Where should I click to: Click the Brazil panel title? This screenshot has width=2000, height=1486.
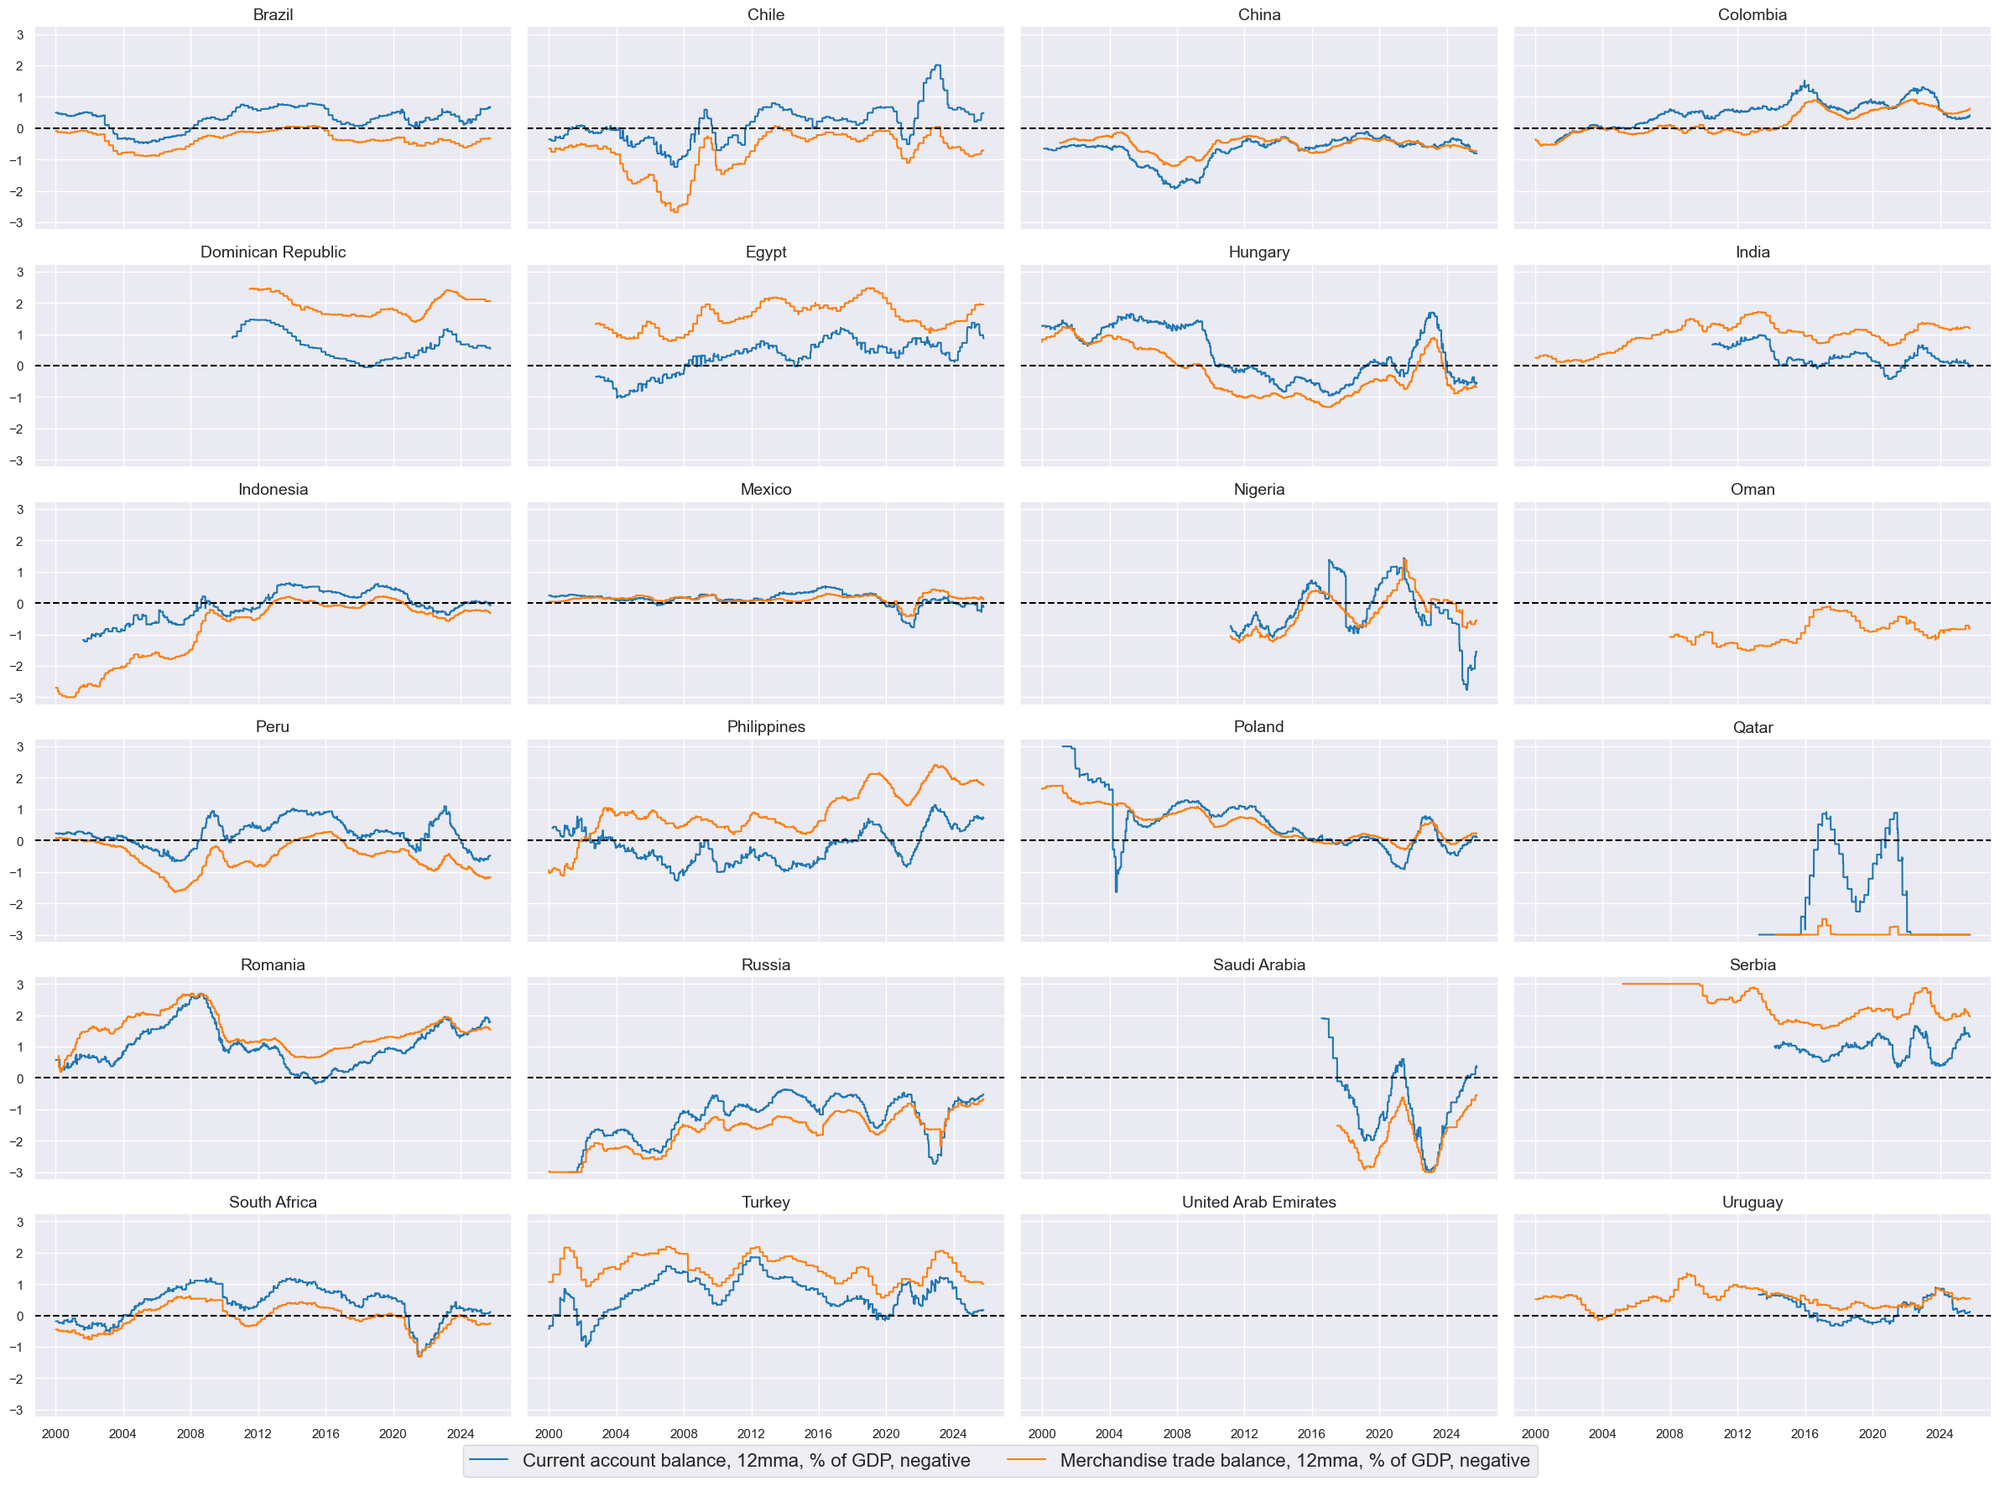[273, 14]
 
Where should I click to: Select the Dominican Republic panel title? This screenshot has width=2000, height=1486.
[273, 252]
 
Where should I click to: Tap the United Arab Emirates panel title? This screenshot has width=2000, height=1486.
[1258, 1202]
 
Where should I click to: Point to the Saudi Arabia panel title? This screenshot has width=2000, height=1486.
[1258, 964]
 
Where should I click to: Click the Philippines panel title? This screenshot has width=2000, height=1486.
[766, 727]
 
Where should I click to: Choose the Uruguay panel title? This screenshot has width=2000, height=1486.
[1752, 1202]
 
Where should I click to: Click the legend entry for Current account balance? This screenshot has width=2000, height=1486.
[746, 1460]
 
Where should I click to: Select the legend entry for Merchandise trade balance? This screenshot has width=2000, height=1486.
[1294, 1460]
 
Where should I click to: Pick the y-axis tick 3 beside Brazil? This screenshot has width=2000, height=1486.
[20, 34]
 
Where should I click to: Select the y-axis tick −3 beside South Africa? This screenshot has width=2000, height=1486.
[17, 1410]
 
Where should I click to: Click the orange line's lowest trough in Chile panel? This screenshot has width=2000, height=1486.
[674, 211]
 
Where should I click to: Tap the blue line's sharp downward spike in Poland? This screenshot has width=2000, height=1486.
[1117, 891]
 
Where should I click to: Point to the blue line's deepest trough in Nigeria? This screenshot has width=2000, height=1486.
[1466, 689]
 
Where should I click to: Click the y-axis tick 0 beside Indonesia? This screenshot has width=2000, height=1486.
[20, 604]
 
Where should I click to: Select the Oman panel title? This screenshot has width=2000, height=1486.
[1752, 490]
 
